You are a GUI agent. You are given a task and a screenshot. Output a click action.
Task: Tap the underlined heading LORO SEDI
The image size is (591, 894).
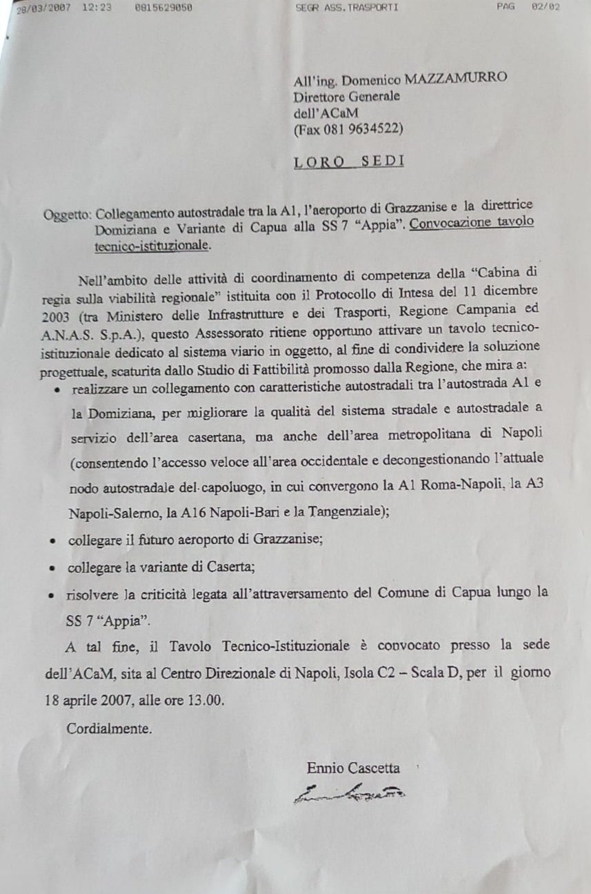tap(348, 162)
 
